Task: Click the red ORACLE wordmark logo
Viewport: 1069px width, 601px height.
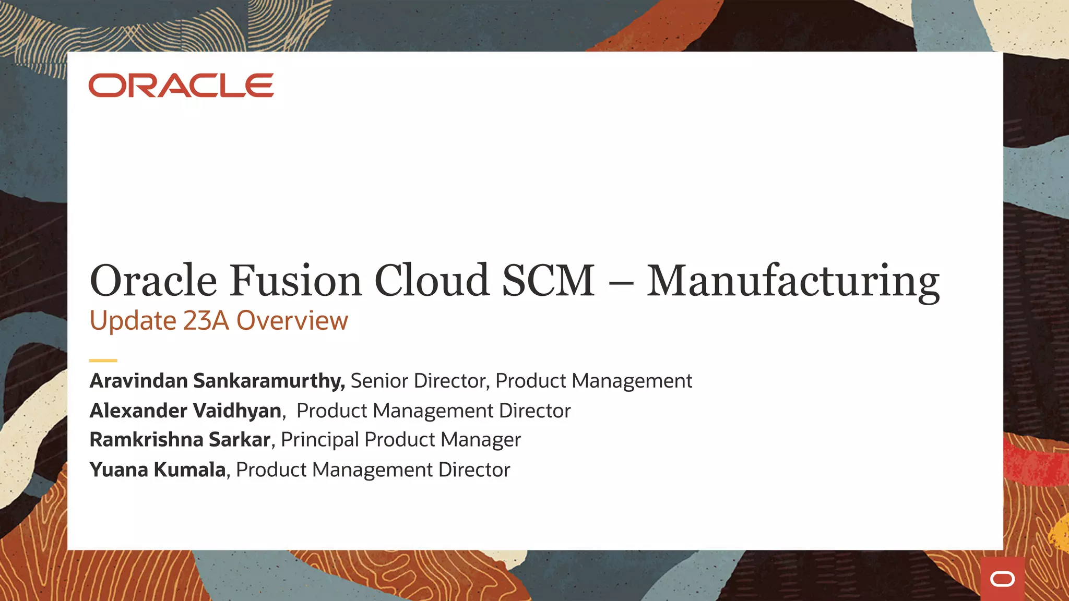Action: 181,86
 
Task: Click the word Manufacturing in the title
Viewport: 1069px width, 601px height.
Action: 793,282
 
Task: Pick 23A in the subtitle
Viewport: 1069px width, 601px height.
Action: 206,320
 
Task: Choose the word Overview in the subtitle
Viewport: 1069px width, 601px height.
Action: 292,320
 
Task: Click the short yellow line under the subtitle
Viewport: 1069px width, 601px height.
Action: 103,360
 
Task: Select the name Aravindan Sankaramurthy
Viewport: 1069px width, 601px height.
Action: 217,381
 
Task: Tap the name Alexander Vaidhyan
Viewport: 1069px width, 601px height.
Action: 186,411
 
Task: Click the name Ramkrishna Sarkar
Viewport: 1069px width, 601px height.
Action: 180,440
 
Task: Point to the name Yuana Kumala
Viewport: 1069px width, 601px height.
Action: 158,470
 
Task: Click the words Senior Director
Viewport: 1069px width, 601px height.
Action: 418,381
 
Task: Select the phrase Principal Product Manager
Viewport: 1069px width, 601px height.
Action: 401,440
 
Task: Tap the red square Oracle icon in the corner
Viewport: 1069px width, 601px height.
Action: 1002,579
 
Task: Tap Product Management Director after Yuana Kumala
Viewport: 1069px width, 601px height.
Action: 373,470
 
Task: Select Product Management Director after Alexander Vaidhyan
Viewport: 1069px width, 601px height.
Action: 433,411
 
